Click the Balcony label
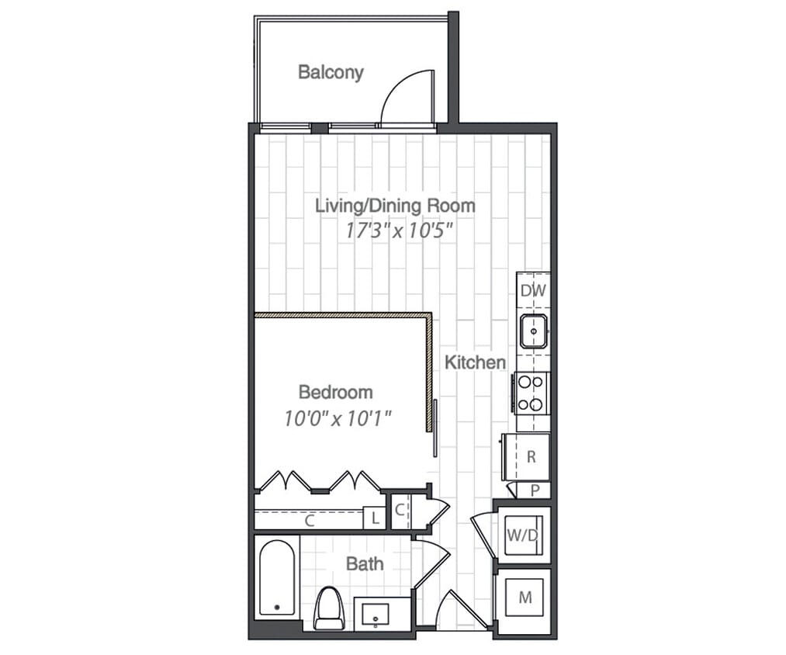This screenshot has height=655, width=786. pyautogui.click(x=331, y=72)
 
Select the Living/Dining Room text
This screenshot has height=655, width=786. pyautogui.click(x=394, y=206)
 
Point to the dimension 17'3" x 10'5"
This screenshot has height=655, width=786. pyautogui.click(x=399, y=230)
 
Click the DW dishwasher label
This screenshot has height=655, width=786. pyautogui.click(x=533, y=291)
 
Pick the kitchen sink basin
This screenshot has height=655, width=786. pyautogui.click(x=534, y=331)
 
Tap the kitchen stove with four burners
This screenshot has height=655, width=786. pyautogui.click(x=532, y=393)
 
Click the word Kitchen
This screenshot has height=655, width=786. pyautogui.click(x=475, y=362)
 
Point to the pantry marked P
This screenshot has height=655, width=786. pyautogui.click(x=535, y=490)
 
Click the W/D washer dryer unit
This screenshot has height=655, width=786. pyautogui.click(x=522, y=535)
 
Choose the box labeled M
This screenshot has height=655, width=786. pyautogui.click(x=525, y=598)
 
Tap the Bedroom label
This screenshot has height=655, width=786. pyautogui.click(x=335, y=392)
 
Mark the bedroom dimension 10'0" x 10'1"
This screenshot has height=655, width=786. pyautogui.click(x=337, y=418)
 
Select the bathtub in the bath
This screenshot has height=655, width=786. pyautogui.click(x=277, y=577)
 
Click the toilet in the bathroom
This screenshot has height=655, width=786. pyautogui.click(x=330, y=608)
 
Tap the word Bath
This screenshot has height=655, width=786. pyautogui.click(x=364, y=563)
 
